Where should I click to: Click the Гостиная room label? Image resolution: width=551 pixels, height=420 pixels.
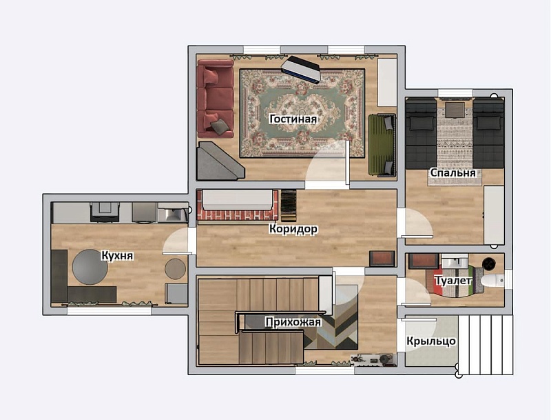(x=293, y=119)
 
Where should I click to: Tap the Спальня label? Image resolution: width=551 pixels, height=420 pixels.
(x=453, y=172)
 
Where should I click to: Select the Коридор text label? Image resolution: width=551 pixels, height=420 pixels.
(x=293, y=229)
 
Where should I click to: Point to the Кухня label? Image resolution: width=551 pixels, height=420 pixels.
(x=117, y=255)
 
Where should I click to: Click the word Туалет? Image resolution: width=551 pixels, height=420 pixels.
(x=453, y=281)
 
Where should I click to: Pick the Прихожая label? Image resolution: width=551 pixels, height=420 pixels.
(x=293, y=322)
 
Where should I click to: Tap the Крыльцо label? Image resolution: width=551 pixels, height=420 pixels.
(x=431, y=341)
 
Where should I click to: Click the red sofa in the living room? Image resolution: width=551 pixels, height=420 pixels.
(x=216, y=99)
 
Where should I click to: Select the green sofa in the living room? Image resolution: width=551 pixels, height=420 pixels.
(x=382, y=145)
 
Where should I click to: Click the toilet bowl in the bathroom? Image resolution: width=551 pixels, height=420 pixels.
(x=492, y=281)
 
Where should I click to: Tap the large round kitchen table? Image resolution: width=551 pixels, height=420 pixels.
(x=90, y=267)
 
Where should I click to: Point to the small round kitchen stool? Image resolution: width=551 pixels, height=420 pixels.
(x=176, y=269)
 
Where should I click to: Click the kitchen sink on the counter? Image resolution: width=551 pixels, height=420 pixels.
(x=171, y=213)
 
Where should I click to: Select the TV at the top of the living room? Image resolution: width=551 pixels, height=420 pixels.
(x=302, y=69)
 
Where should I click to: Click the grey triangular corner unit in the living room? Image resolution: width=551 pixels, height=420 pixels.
(x=218, y=161)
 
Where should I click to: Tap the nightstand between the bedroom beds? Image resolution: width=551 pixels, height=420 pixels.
(x=455, y=109)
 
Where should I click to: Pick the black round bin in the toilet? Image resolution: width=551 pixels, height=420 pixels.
(x=488, y=263)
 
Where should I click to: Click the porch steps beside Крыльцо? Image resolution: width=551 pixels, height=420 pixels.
(x=485, y=345)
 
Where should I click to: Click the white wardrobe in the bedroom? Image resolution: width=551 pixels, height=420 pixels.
(x=494, y=215)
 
